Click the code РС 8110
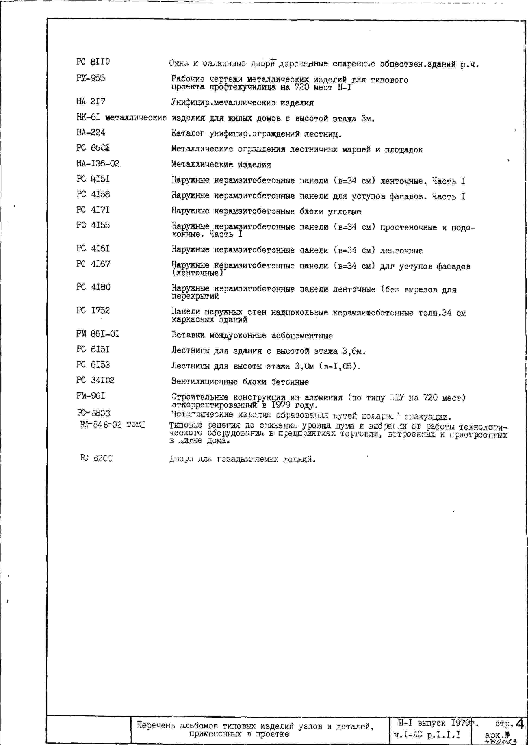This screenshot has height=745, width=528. [x=93, y=62]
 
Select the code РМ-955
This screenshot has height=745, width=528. [x=90, y=78]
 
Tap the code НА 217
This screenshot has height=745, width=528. [x=91, y=101]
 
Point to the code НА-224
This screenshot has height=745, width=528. [x=91, y=132]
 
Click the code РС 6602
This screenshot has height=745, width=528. [x=93, y=148]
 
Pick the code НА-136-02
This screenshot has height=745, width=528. [x=98, y=163]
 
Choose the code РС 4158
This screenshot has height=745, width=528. [x=93, y=194]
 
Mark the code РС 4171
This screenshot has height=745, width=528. [x=93, y=210]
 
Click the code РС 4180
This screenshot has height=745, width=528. [x=93, y=287]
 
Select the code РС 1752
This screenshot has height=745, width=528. [x=93, y=311]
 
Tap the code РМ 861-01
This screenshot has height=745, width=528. [x=97, y=334]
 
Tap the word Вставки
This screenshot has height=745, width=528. [x=188, y=335]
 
